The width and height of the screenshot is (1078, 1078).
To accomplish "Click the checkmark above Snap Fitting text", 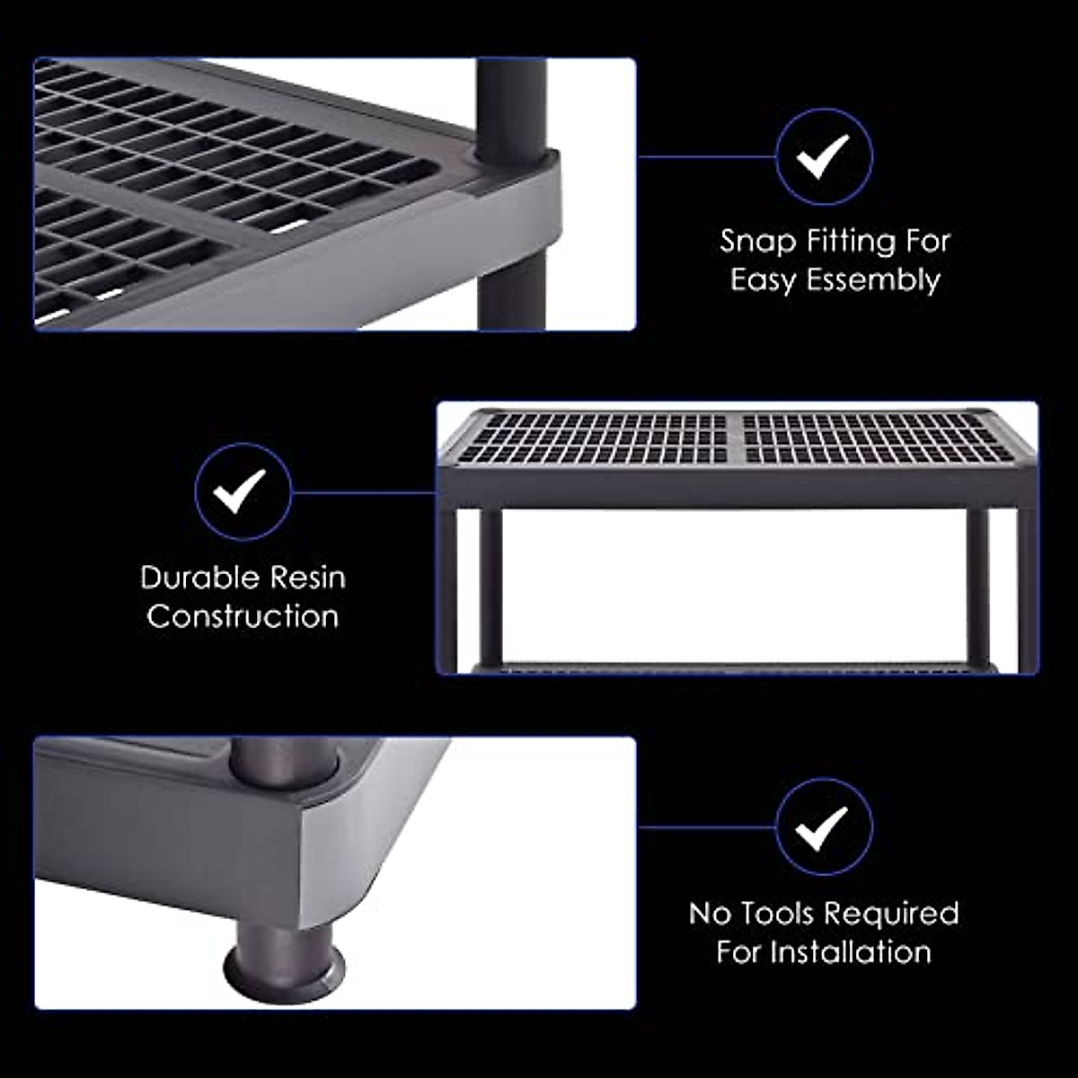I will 824,157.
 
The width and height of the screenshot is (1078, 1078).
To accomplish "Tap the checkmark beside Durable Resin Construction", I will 243,491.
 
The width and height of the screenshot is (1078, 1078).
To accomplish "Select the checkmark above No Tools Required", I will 824,826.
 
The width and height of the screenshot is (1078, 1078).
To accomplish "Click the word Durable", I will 199,577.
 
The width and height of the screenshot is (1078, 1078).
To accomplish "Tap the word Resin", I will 307,577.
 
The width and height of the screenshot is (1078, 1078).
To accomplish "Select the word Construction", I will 243,616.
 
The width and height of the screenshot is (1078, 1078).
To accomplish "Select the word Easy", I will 763,280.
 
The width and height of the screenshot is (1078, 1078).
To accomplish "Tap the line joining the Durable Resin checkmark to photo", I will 364,491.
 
